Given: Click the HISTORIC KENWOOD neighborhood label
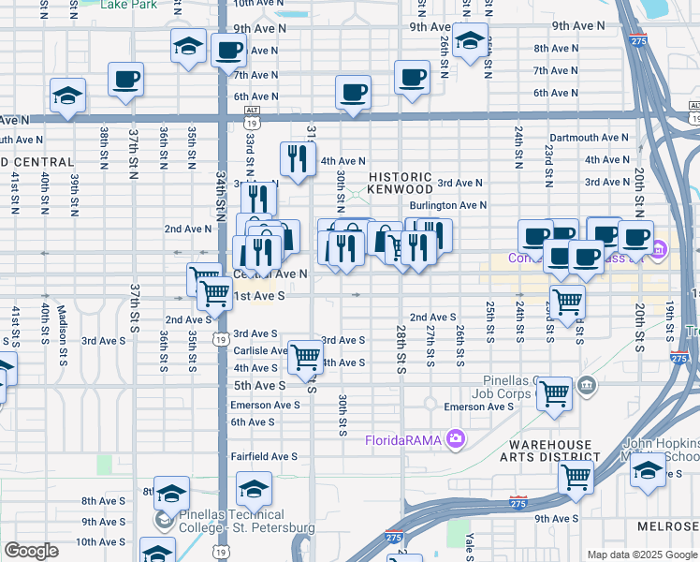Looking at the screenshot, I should coord(401,184).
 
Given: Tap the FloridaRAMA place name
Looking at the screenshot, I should coord(403,438).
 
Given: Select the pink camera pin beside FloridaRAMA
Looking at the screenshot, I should coord(456,437).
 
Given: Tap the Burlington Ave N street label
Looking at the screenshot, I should coord(448,205).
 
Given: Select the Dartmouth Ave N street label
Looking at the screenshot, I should coord(590,138).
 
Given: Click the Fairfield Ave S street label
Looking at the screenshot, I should coord(265,456).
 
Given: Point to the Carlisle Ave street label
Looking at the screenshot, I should coord(260,350).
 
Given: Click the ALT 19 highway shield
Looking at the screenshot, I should coord(252,114).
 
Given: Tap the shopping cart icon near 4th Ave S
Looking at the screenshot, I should coord(306,356).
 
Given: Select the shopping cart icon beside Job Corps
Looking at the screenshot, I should coord(555,393).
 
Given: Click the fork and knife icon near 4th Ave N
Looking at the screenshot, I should coord(298,158).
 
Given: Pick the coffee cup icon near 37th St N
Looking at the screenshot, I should coord(125,80).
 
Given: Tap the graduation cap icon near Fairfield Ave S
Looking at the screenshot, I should coord(254,488).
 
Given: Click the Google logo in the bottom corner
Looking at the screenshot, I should coord(31,551).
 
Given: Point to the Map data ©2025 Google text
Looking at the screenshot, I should coord(642,555).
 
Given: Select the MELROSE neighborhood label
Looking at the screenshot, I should coord(670,528).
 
